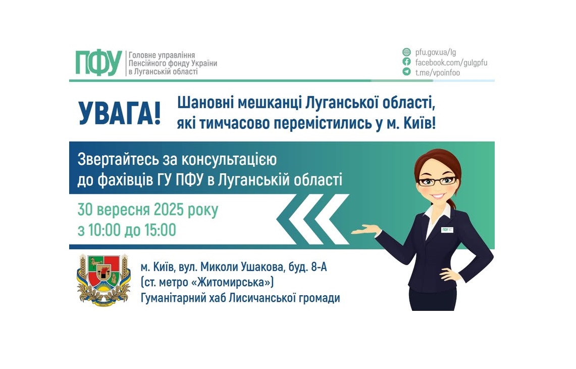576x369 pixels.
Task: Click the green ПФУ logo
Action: point(98,63)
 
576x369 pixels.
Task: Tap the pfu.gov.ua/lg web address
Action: point(436,52)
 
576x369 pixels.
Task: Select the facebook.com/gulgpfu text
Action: point(451,63)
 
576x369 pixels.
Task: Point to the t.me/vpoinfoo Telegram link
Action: point(437,73)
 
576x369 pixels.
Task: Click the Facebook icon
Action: point(406,62)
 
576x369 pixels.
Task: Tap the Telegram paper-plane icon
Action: point(406,72)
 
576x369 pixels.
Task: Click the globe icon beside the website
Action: point(406,52)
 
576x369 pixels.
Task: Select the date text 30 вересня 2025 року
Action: point(148,210)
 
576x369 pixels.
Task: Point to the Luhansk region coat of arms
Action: point(103,281)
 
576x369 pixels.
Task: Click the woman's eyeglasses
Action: point(437,181)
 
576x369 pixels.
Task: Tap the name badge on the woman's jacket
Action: point(447,230)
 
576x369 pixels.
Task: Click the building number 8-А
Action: point(317,267)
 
